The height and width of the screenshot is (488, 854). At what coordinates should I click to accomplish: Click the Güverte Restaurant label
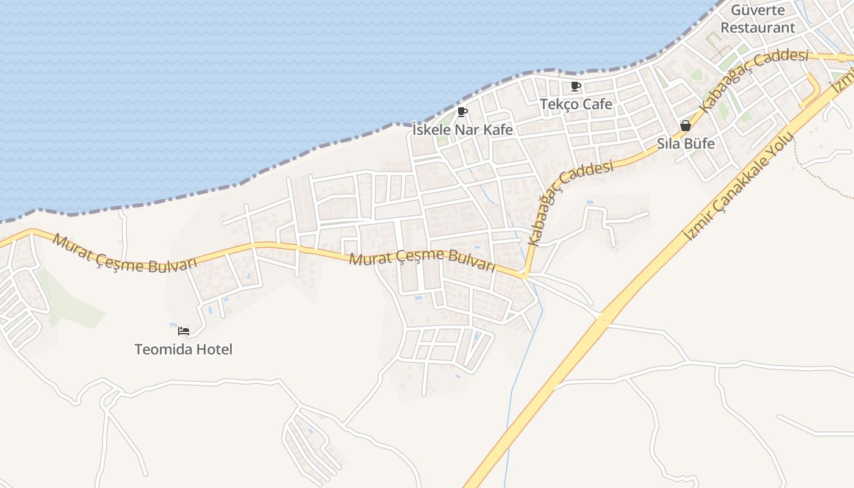coord(758,19)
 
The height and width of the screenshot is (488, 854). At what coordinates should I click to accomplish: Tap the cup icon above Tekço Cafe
coord(575,86)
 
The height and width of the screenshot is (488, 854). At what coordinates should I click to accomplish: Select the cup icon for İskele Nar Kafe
coord(462,112)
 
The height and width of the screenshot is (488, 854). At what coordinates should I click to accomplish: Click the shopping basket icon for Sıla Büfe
coord(686,126)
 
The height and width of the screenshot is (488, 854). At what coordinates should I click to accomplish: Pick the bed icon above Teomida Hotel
coord(184,331)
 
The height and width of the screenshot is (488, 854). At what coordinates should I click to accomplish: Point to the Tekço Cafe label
coord(576,104)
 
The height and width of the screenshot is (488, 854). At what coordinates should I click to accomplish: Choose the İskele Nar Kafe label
coord(462,130)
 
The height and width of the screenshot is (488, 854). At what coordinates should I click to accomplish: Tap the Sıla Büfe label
coord(685,144)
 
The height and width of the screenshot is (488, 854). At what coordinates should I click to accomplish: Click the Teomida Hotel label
coord(184,350)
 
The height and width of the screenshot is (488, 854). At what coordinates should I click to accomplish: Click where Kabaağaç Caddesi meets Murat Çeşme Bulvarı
coord(525,275)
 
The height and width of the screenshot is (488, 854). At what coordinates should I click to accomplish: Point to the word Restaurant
coord(758,27)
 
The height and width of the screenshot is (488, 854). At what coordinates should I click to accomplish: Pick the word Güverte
coord(758,10)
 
